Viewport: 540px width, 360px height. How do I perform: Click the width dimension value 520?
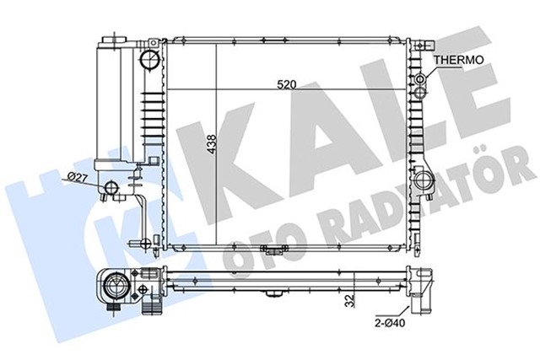point(288,83)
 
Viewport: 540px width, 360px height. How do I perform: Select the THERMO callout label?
point(458,61)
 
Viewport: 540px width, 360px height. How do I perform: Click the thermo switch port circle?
point(422,80)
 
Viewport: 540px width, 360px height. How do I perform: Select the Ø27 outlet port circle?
point(112,187)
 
